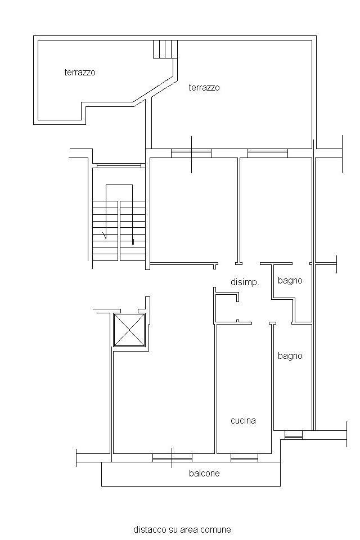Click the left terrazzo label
[x=80, y=73]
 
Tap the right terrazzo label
[x=204, y=88]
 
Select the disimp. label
[x=245, y=282]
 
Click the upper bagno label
[x=290, y=281]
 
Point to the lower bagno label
[x=290, y=355]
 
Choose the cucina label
[x=243, y=421]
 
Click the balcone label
[x=204, y=473]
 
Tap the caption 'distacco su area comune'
[x=182, y=529]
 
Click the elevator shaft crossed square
[x=129, y=330]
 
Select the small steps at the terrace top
[x=165, y=49]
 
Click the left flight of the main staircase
[x=105, y=231]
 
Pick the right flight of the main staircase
[x=133, y=231]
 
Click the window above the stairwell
[x=119, y=165]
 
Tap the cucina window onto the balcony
[x=244, y=458]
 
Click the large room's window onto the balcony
[x=172, y=458]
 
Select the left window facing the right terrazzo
[x=191, y=153]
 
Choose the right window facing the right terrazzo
[x=268, y=153]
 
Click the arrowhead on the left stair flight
[x=105, y=236]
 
